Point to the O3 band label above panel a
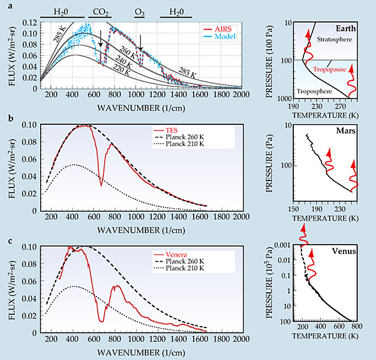(x=142, y=11)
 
